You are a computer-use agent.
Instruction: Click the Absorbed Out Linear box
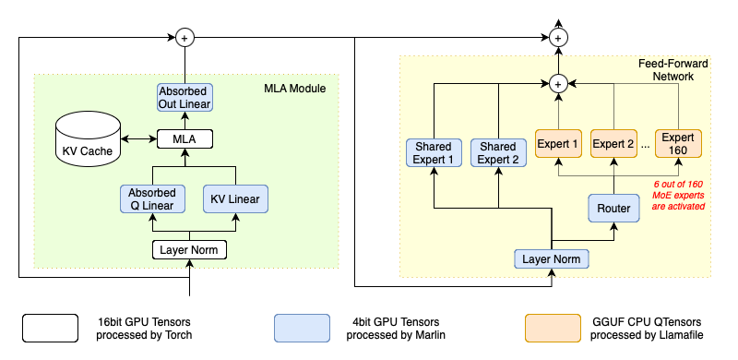coord(184,97)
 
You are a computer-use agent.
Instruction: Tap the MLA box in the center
coord(184,139)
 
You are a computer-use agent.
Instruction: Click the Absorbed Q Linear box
coord(147,198)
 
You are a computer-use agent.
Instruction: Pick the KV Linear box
coord(234,198)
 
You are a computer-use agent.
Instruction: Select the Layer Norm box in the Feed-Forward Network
coord(552,259)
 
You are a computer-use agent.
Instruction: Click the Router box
coord(613,209)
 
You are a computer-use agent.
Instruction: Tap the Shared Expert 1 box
coord(434,153)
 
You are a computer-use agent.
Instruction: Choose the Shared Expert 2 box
coord(497,153)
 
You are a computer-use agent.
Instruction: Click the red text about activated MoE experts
coord(677,195)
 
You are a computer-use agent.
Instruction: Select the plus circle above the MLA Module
coord(184,38)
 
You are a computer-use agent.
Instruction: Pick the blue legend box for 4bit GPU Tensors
coord(302,328)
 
